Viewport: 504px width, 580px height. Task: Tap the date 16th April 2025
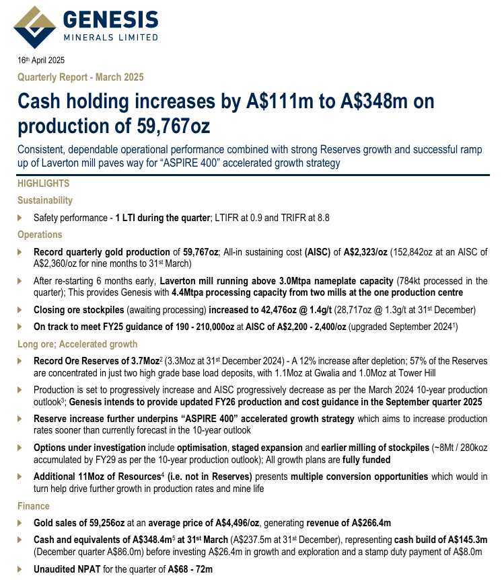coord(46,61)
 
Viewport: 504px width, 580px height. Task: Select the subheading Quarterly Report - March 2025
coord(80,77)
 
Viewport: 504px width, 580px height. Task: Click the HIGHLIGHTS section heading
coord(43,183)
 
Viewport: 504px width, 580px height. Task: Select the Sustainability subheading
coord(45,200)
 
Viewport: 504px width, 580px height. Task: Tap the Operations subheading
coord(40,235)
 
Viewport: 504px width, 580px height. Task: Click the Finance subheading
coord(34,505)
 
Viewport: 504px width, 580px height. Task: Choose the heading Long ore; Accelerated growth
coord(77,344)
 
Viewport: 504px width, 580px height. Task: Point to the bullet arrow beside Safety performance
coord(20,218)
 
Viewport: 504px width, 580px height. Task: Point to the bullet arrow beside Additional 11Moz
coord(20,477)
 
